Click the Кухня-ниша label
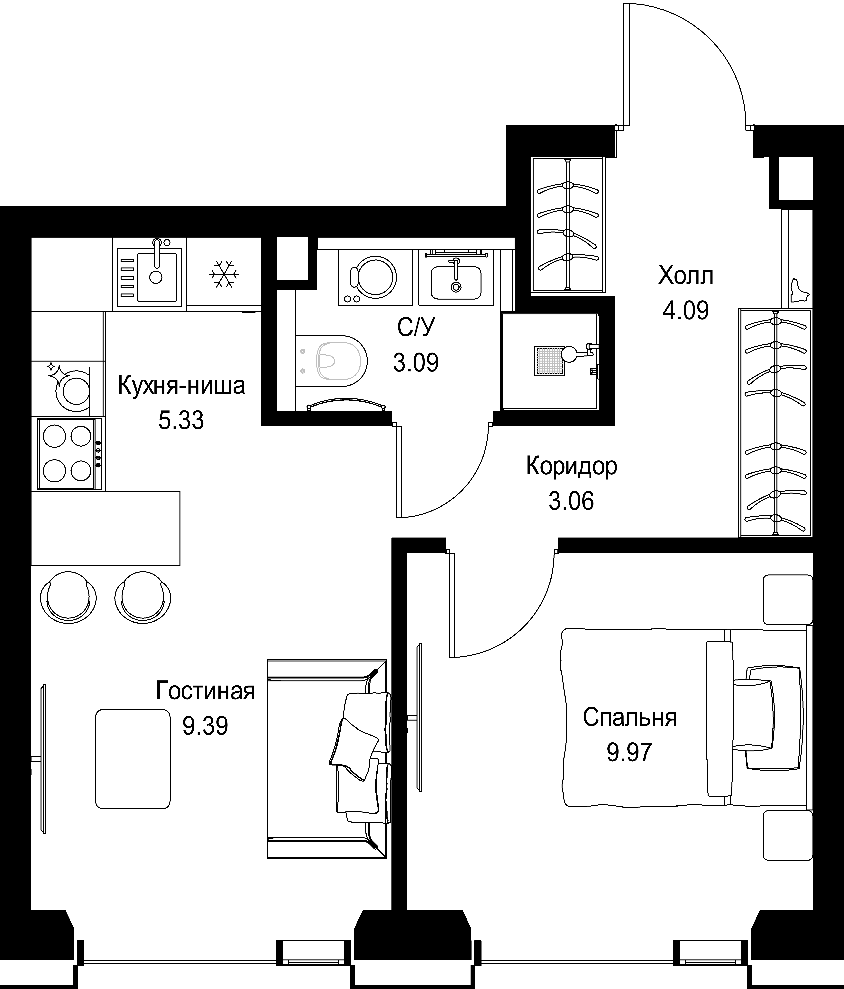coord(181,386)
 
